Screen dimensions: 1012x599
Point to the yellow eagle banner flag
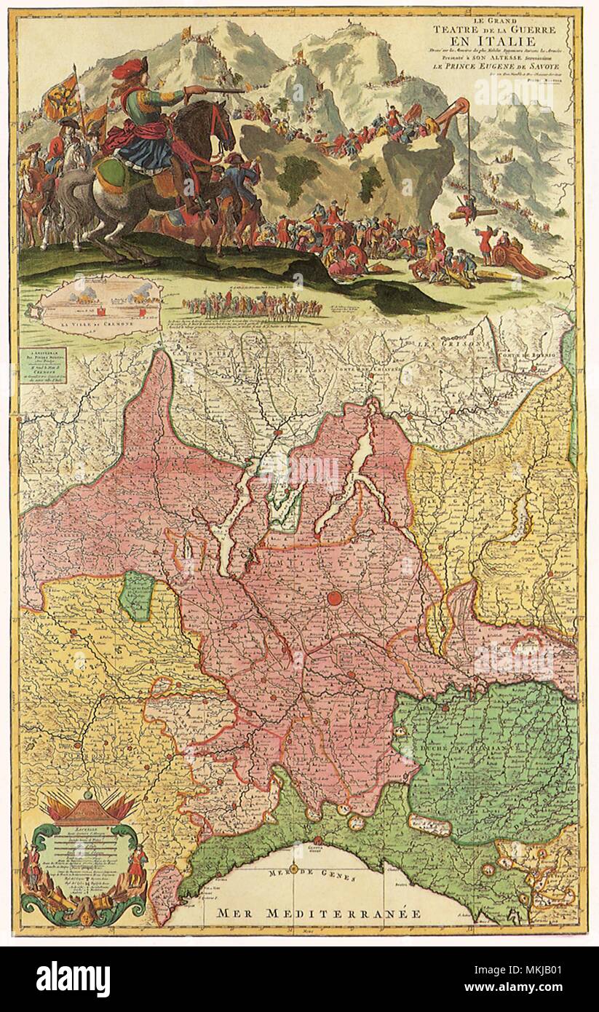coord(61,98)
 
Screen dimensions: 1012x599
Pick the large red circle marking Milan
coord(335,598)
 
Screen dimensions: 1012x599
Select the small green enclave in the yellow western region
coord(137,595)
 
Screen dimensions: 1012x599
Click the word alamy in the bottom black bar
coord(73,979)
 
